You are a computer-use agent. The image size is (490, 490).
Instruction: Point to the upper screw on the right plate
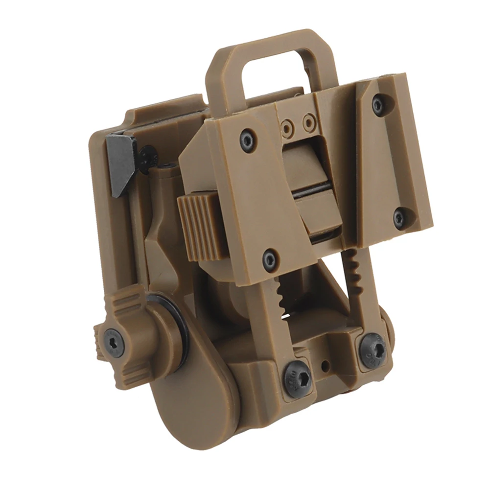[x=378, y=104]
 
